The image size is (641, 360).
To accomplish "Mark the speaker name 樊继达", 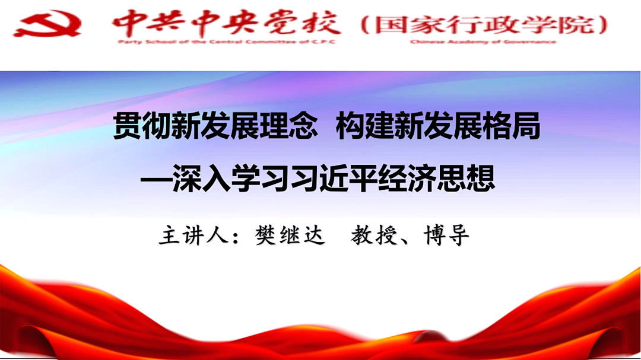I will point(290,236).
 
